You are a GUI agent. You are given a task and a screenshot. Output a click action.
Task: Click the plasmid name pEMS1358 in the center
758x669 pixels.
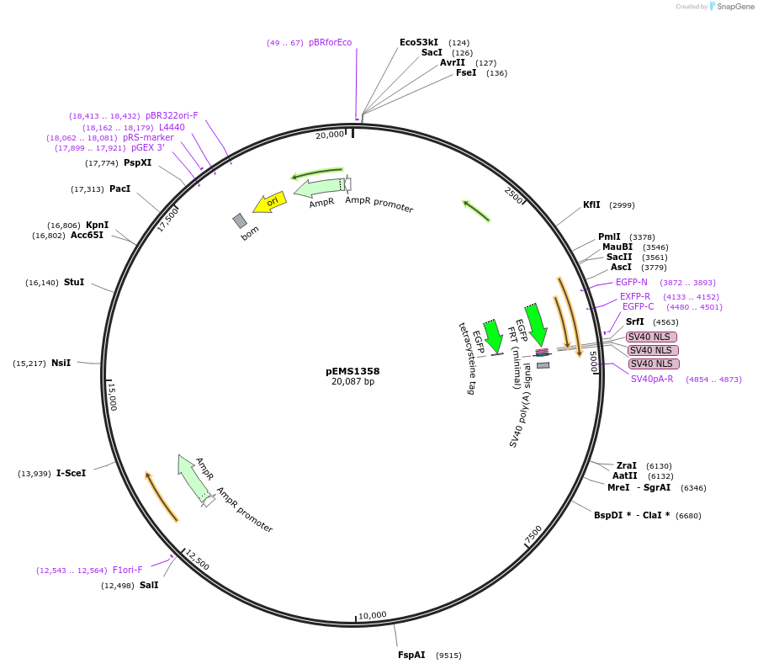pos(352,370)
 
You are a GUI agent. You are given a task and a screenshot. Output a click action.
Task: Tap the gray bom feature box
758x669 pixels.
pos(240,220)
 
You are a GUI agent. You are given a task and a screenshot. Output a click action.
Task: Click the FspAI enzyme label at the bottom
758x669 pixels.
pos(411,655)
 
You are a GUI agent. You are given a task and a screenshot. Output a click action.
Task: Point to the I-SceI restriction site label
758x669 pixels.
pos(71,473)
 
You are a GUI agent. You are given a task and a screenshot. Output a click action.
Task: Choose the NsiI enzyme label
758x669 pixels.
pos(61,363)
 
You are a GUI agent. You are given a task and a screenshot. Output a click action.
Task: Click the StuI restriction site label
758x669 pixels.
pos(74,282)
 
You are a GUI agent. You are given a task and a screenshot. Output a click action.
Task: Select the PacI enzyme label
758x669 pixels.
pos(119,188)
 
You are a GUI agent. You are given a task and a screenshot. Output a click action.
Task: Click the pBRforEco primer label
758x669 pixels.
pos(330,42)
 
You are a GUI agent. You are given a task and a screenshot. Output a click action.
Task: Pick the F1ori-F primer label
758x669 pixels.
pos(128,570)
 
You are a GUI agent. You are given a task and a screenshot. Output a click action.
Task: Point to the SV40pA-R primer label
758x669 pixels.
pos(652,379)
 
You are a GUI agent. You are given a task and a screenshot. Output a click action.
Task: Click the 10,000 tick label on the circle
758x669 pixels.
pos(372,615)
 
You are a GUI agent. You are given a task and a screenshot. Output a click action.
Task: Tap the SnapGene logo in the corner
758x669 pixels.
pos(731,7)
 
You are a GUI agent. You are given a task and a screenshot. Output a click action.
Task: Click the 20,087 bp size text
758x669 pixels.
pos(352,382)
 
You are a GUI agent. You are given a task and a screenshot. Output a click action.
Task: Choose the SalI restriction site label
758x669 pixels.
pos(149,585)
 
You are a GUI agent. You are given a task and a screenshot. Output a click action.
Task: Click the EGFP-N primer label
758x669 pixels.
pos(632,282)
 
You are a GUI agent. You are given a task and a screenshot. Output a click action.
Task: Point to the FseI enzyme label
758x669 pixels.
pos(466,72)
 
